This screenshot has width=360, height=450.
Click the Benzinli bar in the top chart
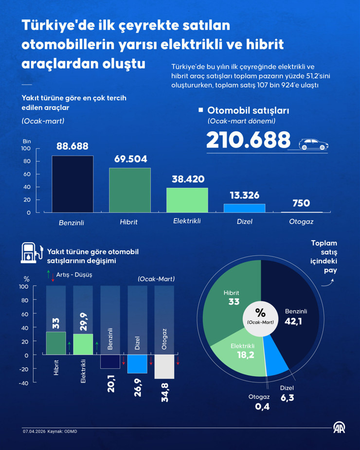click(x=72, y=184)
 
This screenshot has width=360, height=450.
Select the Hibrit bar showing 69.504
click(x=130, y=190)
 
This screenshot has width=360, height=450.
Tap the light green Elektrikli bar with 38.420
click(x=187, y=200)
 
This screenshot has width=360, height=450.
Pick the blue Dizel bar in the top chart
click(x=245, y=208)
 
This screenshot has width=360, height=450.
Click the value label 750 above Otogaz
click(x=301, y=203)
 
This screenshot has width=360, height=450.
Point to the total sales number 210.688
click(x=249, y=140)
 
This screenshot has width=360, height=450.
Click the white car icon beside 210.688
click(x=313, y=144)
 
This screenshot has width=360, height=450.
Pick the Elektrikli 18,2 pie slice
click(x=236, y=353)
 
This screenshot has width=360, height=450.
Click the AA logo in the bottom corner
click(x=339, y=428)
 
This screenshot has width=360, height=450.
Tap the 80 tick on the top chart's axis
click(x=26, y=161)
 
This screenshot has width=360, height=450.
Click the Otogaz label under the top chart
click(x=301, y=221)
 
